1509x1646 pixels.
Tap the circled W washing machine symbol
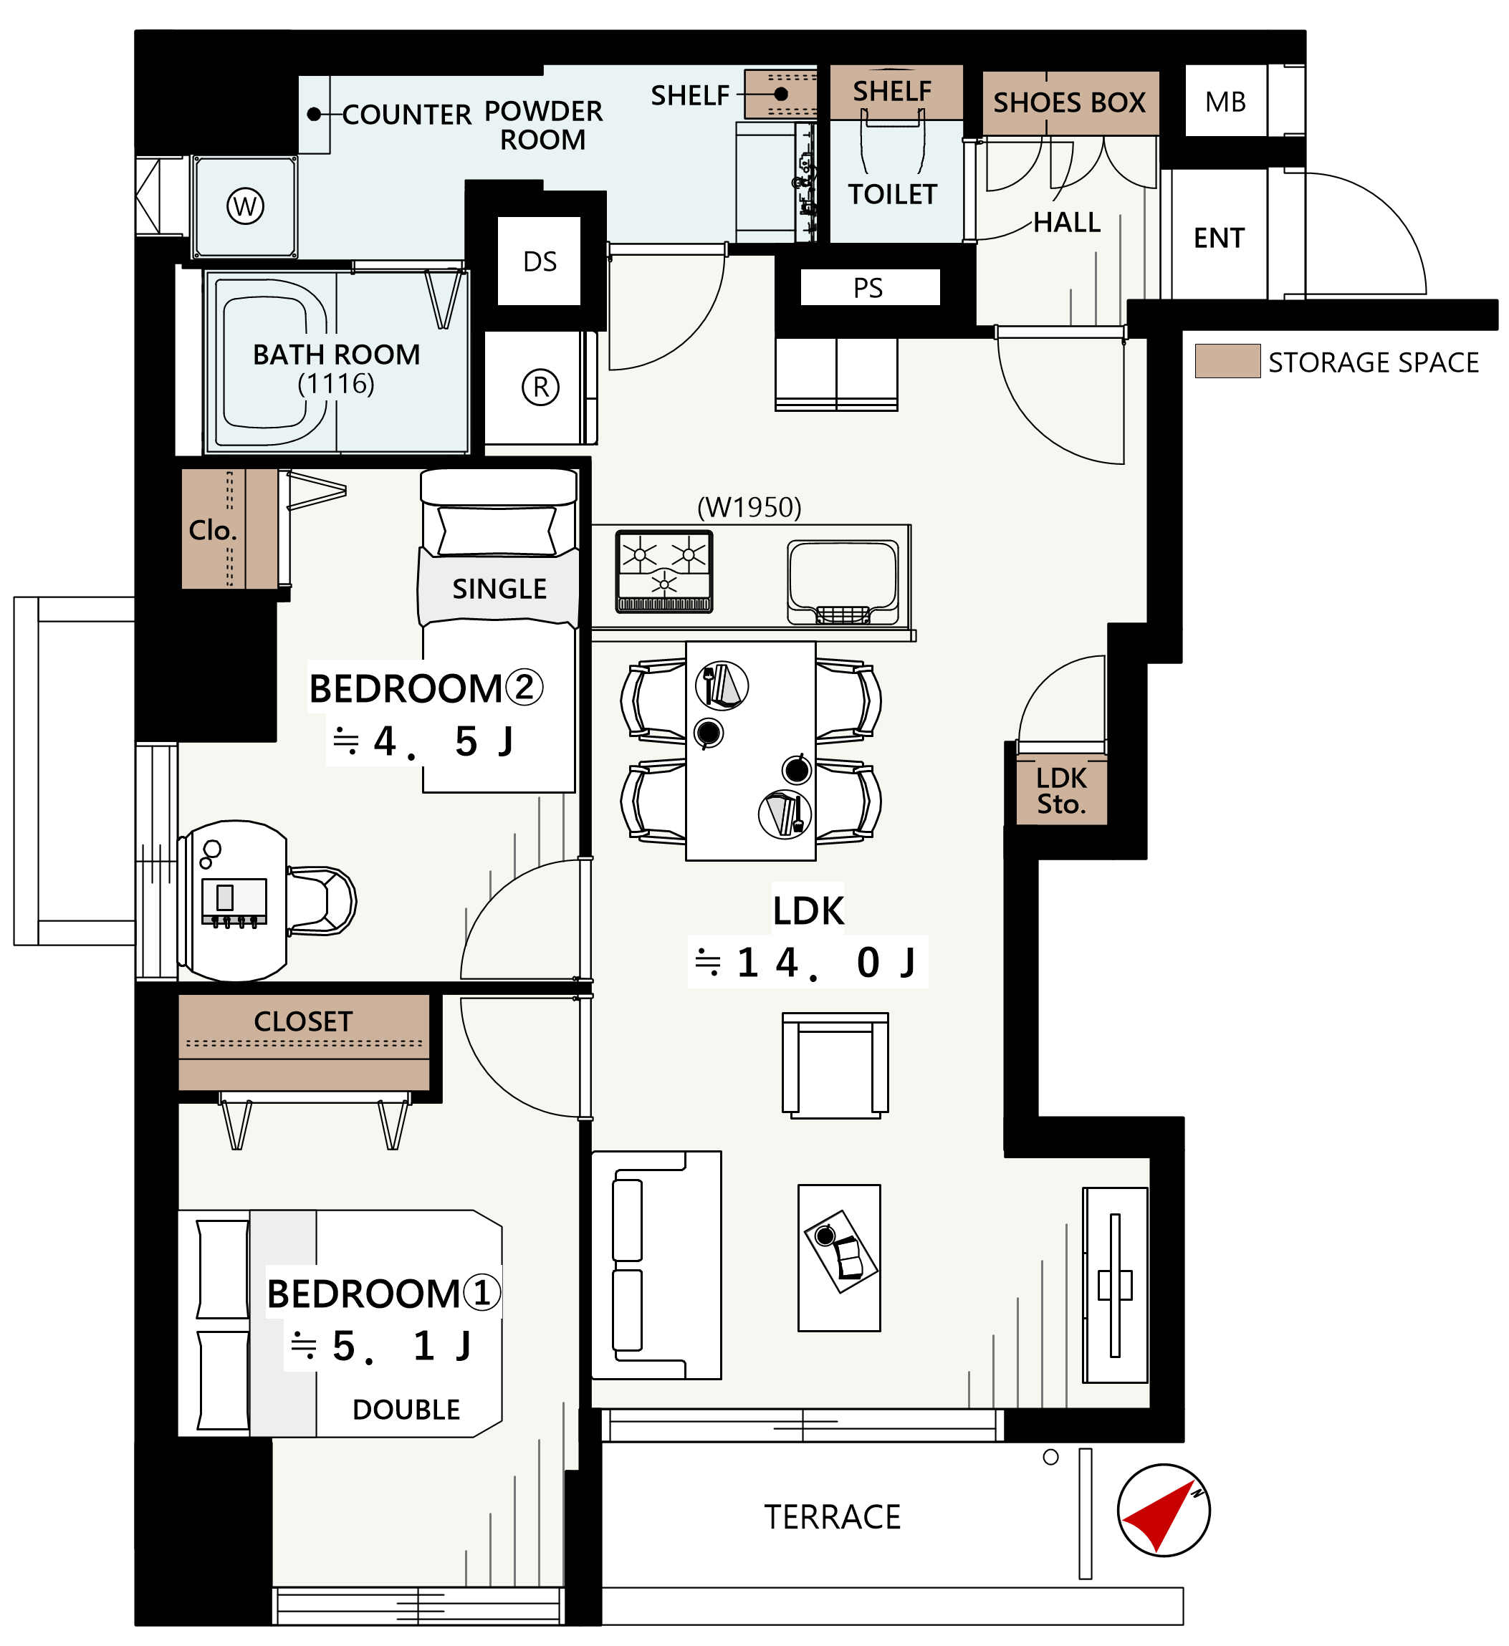245,206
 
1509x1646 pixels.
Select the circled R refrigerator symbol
540,388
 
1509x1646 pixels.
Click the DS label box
540,261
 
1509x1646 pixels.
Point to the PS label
868,288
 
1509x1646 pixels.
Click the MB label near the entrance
1226,102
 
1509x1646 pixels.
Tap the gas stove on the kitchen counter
664,572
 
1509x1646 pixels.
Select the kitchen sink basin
843,582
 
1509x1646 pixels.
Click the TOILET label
893,194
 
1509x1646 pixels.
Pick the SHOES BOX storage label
1070,103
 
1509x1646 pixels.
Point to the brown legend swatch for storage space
1227,361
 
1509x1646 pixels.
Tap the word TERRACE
832,1517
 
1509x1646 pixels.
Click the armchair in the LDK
835,1066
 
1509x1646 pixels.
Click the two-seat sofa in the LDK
656,1266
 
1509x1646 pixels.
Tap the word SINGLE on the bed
499,589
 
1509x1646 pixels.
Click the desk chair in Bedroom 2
321,901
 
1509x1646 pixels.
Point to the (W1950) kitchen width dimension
749,508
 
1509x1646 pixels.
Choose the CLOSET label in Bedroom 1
303,1021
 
